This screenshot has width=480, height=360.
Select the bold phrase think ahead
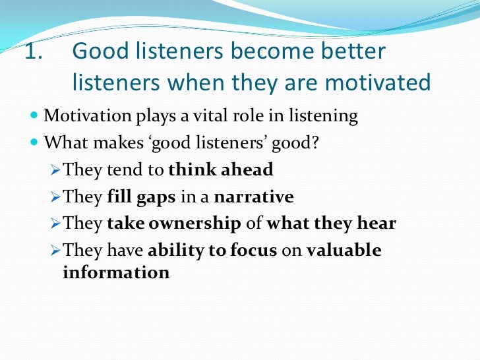(x=221, y=169)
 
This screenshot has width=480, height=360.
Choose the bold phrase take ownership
(x=173, y=224)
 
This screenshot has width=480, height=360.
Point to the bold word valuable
(x=344, y=251)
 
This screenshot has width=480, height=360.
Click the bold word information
(x=116, y=272)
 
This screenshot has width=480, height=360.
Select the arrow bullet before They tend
(x=56, y=170)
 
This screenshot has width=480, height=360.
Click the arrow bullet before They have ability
(x=56, y=251)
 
